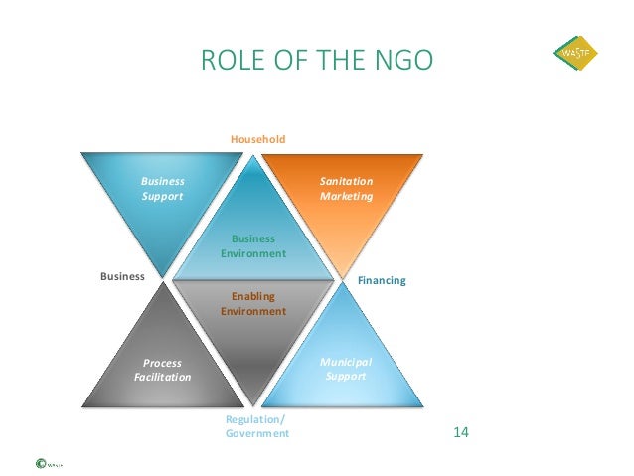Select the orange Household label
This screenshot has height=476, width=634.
tap(257, 140)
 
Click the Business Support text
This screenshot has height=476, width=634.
tap(162, 189)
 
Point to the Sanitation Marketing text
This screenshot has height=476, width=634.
tap(346, 189)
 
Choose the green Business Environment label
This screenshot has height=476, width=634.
tap(253, 246)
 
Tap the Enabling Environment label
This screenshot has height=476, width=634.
tap(252, 304)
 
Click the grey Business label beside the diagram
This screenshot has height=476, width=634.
tap(122, 276)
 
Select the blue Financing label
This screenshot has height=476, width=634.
tap(382, 281)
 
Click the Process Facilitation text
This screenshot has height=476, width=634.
tap(162, 371)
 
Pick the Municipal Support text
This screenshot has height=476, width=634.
tap(346, 371)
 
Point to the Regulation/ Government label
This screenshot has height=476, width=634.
tap(257, 426)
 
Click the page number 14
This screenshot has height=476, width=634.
tap(460, 433)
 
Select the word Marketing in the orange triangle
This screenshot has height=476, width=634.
tap(346, 196)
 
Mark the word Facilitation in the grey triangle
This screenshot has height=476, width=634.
tap(162, 378)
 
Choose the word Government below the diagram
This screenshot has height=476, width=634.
tap(257, 433)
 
